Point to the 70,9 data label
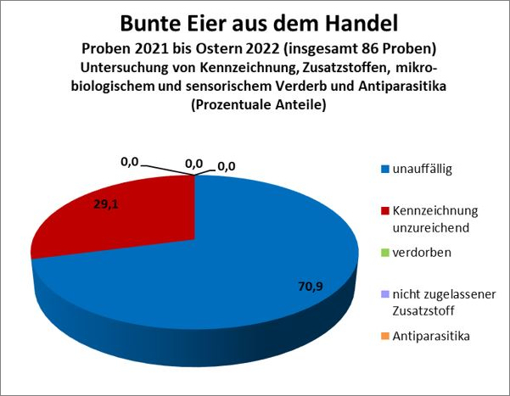click(310, 286)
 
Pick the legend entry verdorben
click(419, 253)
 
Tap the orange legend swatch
click(384, 337)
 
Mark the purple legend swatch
click(384, 294)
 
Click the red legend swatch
click(384, 210)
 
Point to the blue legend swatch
click(384, 170)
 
